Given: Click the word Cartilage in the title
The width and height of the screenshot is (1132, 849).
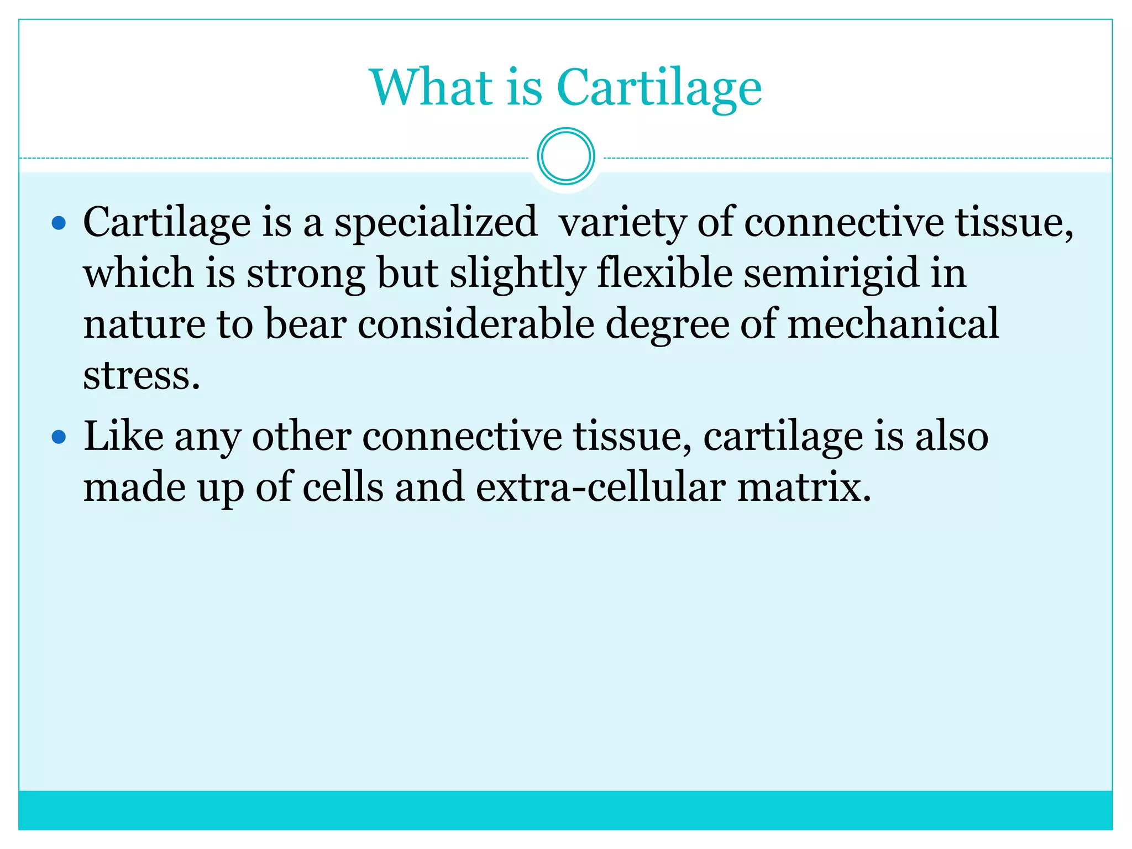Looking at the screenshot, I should tap(659, 88).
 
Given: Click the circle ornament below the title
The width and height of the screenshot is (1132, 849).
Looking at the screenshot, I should tap(565, 156).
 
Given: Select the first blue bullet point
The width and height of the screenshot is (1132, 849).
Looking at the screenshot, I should tap(59, 224).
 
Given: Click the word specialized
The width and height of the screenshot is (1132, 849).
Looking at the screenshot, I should tap(436, 223).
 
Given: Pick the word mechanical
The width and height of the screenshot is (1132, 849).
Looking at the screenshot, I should tap(893, 324).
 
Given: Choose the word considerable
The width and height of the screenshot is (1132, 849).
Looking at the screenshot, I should tap(476, 324).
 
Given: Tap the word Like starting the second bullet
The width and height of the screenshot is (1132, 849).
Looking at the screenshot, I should tap(123, 437).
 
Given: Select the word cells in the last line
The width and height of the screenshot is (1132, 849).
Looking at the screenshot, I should tap(343, 488).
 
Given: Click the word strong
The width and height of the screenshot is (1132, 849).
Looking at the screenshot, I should tap(306, 274).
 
